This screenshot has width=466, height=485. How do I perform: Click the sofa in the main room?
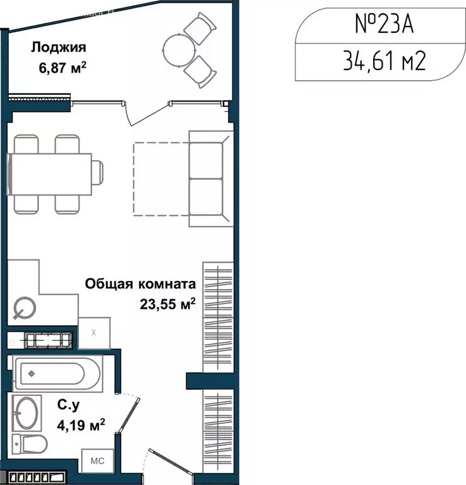(x=208, y=179)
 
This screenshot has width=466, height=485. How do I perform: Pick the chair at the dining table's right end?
(x=98, y=172)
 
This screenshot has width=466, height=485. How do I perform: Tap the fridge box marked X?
(x=94, y=332)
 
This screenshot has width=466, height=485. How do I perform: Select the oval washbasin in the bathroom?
(x=27, y=413)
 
